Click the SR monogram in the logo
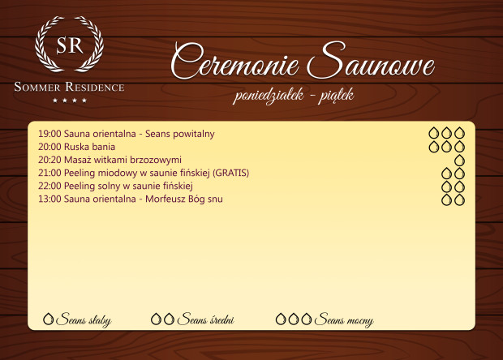click(x=69, y=46)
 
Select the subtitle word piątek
click(x=333, y=96)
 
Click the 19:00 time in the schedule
click(x=49, y=133)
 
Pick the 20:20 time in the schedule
click(x=49, y=160)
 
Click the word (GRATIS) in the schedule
click(x=230, y=173)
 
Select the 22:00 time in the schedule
click(x=49, y=186)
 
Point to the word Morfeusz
click(x=169, y=199)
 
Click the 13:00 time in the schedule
click(x=49, y=199)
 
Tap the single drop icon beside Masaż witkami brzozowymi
click(x=459, y=160)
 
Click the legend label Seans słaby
click(x=84, y=320)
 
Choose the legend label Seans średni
click(x=205, y=320)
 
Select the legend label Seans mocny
click(x=343, y=320)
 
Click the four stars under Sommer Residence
click(x=69, y=101)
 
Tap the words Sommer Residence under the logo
click(x=69, y=87)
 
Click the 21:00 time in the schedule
click(x=49, y=173)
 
